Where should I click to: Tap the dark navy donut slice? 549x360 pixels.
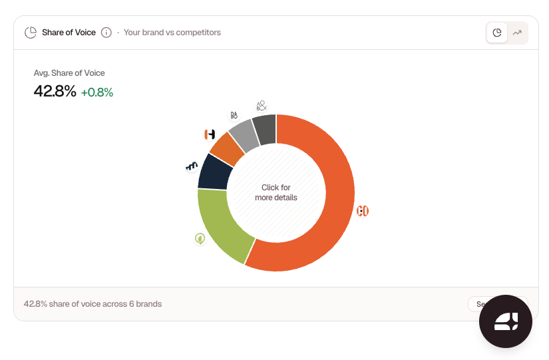214,172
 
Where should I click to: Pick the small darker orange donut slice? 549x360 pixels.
228,149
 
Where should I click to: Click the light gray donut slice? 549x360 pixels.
244,135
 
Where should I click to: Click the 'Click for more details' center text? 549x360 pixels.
275,193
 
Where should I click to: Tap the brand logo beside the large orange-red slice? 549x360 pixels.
363,211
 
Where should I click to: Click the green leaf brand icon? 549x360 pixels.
200,238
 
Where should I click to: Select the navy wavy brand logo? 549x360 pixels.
192,166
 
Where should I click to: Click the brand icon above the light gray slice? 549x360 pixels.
234,115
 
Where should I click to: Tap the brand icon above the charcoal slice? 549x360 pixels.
262,106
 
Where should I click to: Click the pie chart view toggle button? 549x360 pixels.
497,33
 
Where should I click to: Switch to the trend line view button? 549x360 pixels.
517,33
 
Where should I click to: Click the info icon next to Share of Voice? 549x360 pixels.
106,33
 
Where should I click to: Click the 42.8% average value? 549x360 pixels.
55,92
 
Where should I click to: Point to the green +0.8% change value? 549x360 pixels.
97,92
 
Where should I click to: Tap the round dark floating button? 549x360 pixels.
506,321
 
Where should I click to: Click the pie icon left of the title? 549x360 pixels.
30,33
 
